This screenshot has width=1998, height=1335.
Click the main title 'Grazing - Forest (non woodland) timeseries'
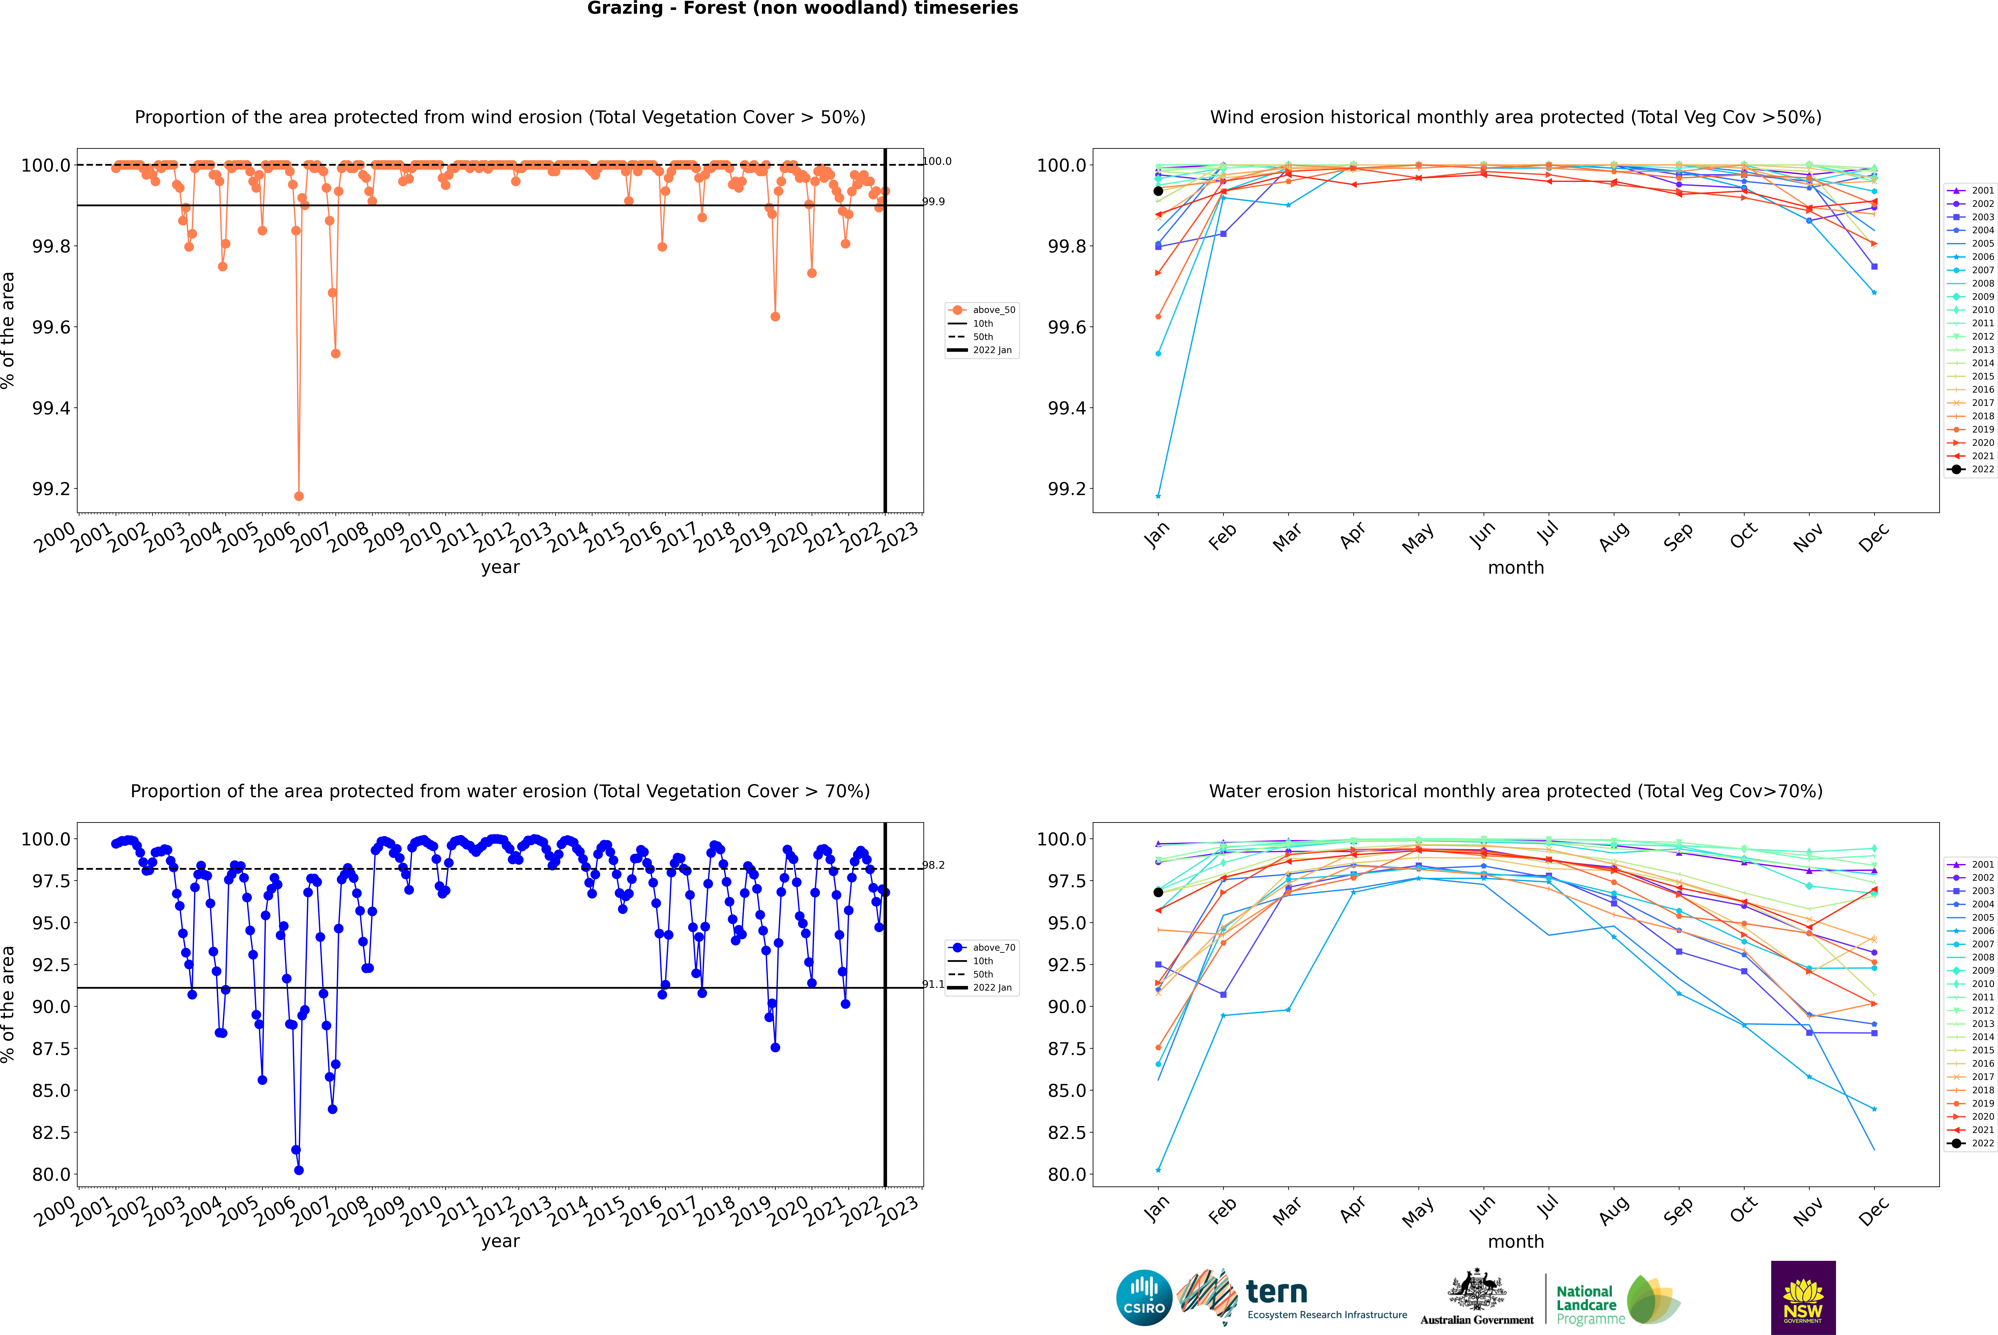pos(802,8)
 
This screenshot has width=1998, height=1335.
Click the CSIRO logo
pos(1144,1298)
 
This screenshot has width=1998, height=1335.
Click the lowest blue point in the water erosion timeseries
pos(298,1170)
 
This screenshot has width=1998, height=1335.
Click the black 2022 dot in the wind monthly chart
pos(1158,191)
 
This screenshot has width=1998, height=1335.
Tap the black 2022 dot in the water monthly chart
pos(1158,892)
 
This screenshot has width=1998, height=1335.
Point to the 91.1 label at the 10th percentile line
pos(933,984)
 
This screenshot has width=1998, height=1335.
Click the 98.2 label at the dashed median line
pos(933,865)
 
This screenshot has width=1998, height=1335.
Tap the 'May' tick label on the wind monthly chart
pos(1417,537)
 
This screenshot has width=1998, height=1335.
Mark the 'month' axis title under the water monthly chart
pos(1515,1241)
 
